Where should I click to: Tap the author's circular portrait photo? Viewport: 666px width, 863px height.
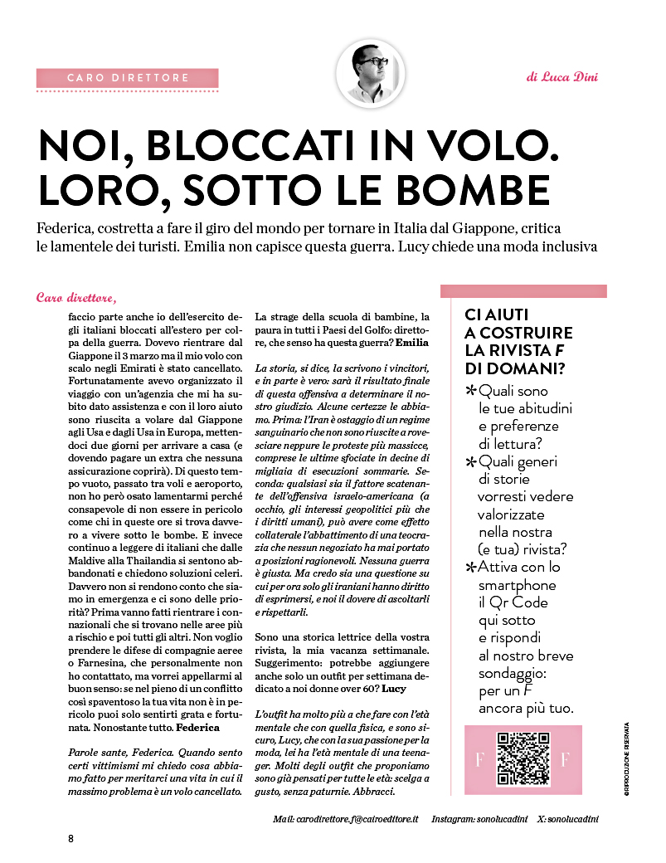[x=371, y=73]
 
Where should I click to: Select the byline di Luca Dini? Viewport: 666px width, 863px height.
[x=561, y=77]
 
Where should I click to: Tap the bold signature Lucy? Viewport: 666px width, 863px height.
[x=394, y=689]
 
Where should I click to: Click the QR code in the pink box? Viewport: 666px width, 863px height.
[x=523, y=759]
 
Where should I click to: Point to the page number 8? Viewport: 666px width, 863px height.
[x=71, y=838]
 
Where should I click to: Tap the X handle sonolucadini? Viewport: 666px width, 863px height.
[x=572, y=819]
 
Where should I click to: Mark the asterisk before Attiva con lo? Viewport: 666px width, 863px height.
[x=471, y=568]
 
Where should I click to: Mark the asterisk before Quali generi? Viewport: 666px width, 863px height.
[x=471, y=462]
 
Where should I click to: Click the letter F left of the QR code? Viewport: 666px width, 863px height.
[x=479, y=760]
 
